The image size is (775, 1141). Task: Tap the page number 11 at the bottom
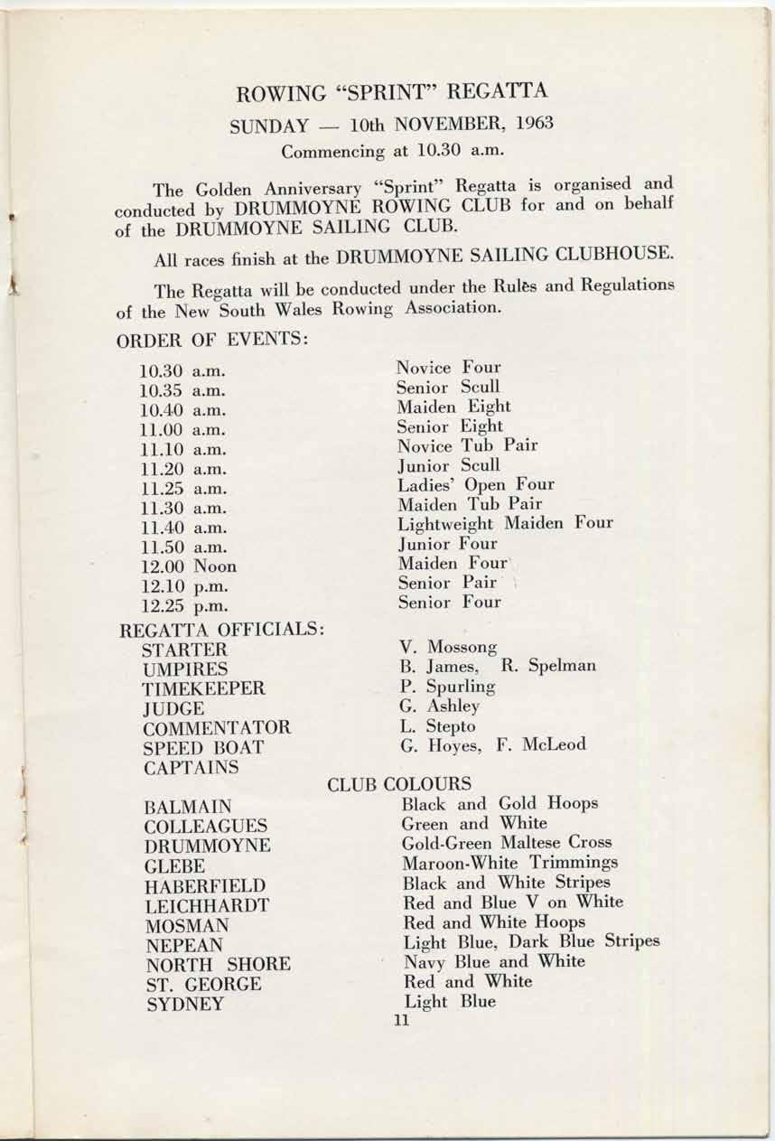[402, 1021]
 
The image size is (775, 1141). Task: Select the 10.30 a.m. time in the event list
[182, 371]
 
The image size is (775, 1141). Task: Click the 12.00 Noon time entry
[189, 566]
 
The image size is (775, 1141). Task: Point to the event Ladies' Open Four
[476, 484]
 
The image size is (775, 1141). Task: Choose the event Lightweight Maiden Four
[505, 523]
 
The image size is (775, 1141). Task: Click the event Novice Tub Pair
[467, 445]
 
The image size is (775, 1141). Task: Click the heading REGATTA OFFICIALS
[221, 630]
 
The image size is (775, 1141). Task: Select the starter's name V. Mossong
[449, 647]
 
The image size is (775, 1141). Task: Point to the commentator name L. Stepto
[438, 726]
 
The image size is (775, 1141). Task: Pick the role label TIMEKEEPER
[203, 688]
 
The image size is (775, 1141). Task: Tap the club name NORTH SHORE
[217, 964]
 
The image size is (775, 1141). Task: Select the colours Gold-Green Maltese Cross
[507, 843]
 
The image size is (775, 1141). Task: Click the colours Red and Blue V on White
[512, 903]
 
